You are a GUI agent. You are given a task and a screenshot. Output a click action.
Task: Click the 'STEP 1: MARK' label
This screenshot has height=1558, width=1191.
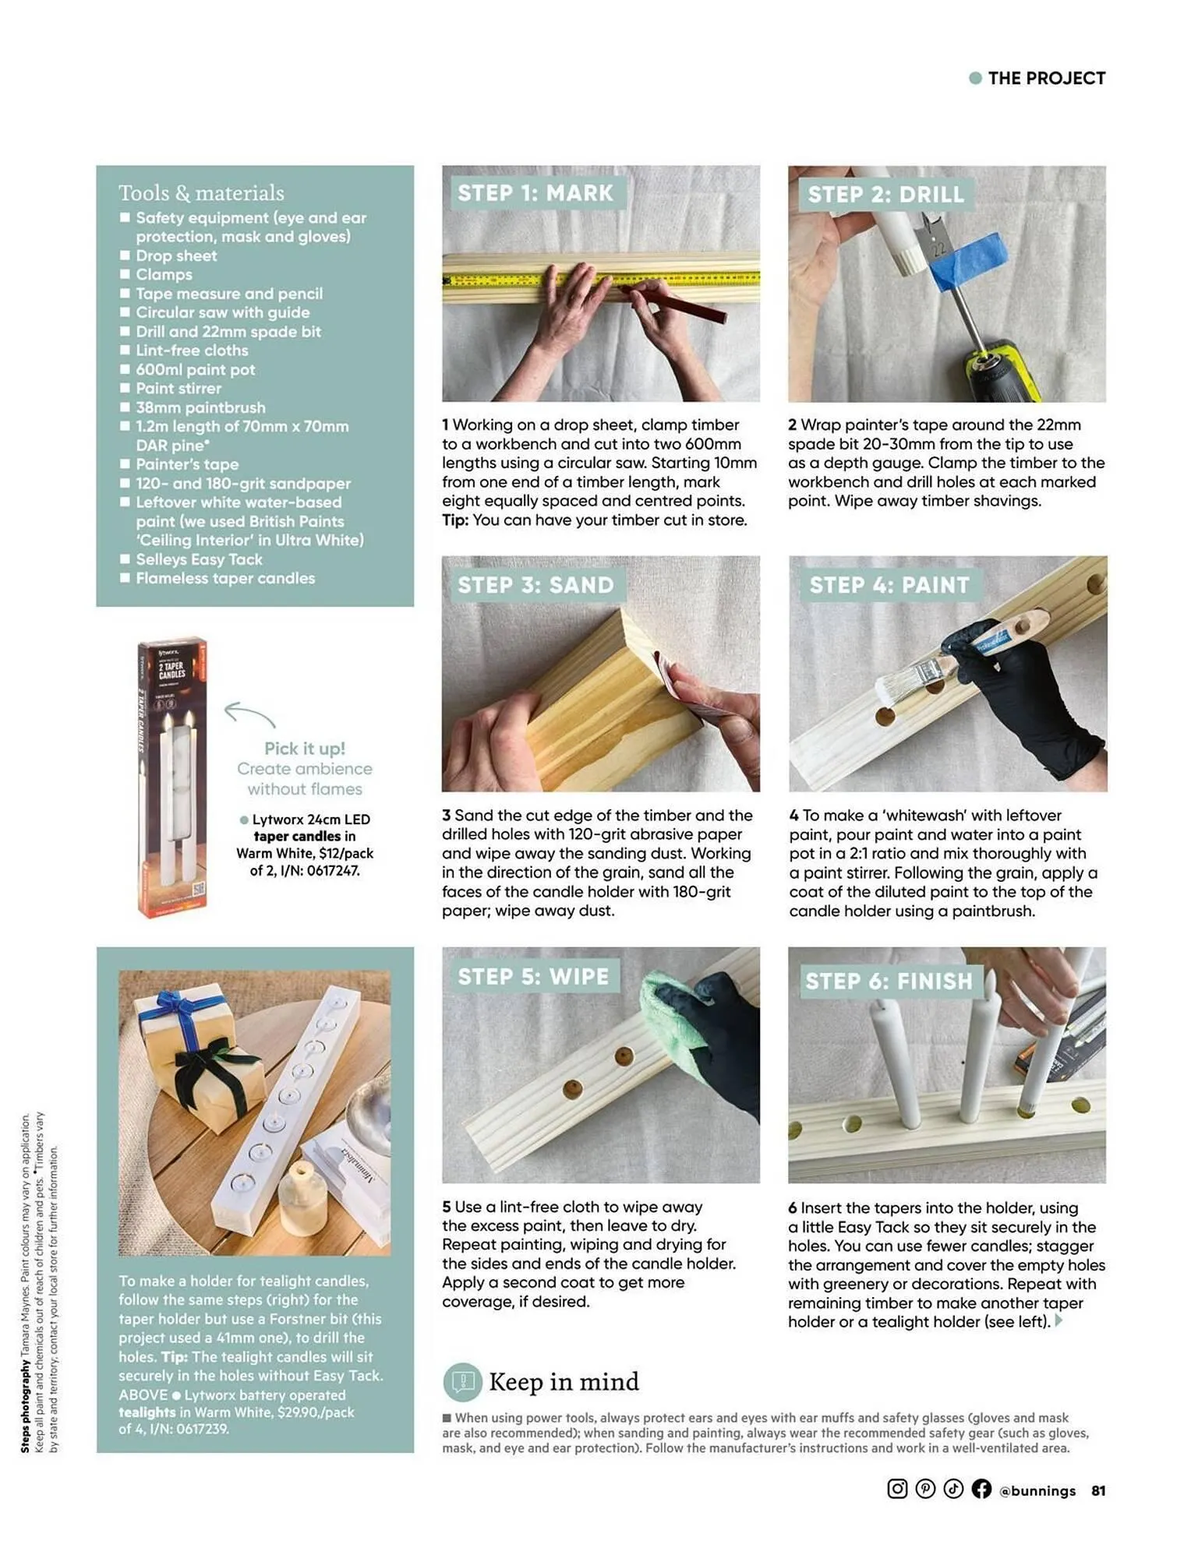535,193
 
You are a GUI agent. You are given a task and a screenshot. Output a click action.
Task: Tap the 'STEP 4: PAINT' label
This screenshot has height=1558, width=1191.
889,585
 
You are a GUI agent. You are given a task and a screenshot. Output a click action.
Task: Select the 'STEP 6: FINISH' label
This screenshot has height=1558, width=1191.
889,981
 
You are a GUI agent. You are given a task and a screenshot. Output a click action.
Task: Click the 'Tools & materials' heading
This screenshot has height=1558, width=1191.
201,192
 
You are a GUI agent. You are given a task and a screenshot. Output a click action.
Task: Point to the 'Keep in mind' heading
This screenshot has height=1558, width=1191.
564,1382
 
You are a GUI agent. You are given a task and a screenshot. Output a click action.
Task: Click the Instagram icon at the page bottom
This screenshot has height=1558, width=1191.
897,1489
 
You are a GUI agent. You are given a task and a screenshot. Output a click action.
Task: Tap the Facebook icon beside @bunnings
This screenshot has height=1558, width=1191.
981,1489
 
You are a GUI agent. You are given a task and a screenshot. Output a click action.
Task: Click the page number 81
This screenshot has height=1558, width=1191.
1098,1490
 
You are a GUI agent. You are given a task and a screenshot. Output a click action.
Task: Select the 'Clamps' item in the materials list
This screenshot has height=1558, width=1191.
164,274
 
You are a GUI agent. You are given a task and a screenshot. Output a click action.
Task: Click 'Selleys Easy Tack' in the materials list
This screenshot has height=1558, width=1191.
199,559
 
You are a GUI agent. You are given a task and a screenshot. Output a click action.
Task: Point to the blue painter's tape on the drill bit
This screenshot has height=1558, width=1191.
967,261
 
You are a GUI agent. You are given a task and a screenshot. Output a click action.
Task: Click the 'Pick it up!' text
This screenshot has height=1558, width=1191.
304,749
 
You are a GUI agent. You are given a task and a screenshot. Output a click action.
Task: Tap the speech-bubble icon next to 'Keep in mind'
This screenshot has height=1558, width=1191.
463,1382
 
